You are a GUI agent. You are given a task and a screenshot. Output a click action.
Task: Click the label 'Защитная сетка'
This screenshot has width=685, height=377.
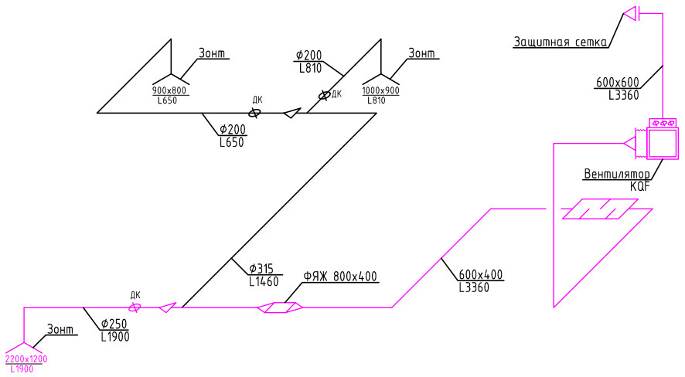tap(560, 42)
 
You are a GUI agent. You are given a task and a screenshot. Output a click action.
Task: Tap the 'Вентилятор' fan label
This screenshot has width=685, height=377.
tap(617, 174)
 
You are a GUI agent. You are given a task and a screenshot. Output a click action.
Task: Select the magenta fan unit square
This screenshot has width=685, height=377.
tap(663, 143)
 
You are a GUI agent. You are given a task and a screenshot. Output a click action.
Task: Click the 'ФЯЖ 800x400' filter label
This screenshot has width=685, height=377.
tap(340, 277)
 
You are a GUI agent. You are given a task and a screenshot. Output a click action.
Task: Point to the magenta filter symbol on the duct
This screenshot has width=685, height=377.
tap(280, 307)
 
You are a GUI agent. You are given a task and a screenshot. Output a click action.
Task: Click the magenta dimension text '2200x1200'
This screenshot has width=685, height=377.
tap(26, 359)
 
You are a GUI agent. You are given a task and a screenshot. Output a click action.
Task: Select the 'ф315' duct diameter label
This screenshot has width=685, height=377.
tap(261, 268)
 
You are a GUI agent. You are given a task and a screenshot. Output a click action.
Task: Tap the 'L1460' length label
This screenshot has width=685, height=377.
tap(264, 281)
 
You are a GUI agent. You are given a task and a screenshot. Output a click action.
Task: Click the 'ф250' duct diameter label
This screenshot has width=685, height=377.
tap(114, 324)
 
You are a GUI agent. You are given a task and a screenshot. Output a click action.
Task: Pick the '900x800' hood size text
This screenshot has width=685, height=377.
tap(169, 90)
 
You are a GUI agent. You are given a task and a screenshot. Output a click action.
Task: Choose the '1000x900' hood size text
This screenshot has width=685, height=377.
tap(380, 90)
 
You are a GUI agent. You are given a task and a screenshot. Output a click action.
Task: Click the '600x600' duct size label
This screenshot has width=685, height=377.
tap(618, 82)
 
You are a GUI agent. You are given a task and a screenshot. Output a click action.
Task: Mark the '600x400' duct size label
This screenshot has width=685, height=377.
tap(481, 275)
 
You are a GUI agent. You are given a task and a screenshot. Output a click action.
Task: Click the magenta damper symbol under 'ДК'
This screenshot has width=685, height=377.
tap(135, 307)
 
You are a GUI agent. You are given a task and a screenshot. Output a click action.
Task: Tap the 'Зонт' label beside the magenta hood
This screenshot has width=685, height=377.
tap(60, 329)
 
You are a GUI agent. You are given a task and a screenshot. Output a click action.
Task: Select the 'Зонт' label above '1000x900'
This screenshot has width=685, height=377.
tap(421, 53)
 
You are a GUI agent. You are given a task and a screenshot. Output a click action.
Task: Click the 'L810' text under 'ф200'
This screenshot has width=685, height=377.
tap(310, 68)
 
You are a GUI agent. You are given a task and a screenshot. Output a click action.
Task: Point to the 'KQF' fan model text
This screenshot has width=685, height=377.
tap(640, 186)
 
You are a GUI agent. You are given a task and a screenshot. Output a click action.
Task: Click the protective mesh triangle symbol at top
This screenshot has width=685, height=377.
tap(629, 14)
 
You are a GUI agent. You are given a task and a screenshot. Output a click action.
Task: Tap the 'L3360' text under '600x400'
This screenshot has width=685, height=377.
tap(474, 287)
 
